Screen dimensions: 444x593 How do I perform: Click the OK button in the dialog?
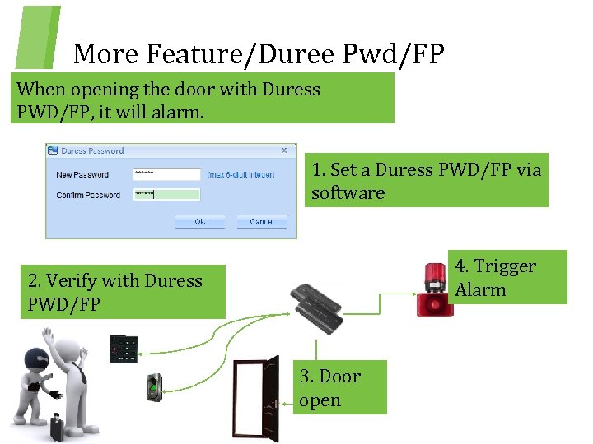[x=199, y=221]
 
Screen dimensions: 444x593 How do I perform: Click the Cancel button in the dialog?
[x=262, y=221]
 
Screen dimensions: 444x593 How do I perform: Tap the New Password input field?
[x=166, y=174]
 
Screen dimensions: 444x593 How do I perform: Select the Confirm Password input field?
[x=166, y=195]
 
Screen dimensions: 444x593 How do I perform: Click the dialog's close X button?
[x=284, y=150]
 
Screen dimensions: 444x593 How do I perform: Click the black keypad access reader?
[x=124, y=349]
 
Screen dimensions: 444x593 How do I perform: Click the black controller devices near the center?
[x=317, y=308]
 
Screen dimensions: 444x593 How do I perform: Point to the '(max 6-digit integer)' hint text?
[x=240, y=174]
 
